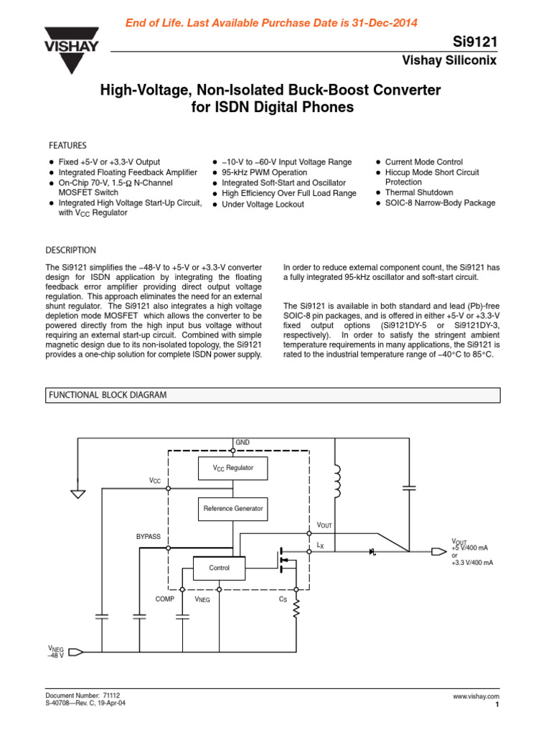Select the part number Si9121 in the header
tap(476, 42)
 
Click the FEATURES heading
tap(67, 145)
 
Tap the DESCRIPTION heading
tap(70, 251)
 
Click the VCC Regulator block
tap(233, 468)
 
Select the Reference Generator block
tap(233, 508)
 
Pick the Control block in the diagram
tap(219, 568)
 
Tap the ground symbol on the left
tap(77, 493)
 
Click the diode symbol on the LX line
tap(372, 551)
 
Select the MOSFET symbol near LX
tap(286, 559)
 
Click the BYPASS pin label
tap(148, 537)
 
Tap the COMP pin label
tap(164, 598)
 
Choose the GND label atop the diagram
tap(242, 442)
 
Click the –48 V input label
tap(55, 655)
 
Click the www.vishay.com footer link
tap(476, 697)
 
